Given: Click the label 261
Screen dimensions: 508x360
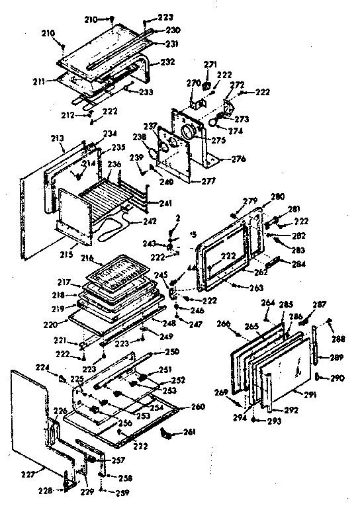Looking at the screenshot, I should pyautogui.click(x=191, y=433).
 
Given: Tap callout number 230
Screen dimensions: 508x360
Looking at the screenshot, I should pyautogui.click(x=173, y=30).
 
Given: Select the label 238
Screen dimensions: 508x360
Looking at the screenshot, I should pyautogui.click(x=140, y=137).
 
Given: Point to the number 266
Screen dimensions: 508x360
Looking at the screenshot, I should pyautogui.click(x=224, y=323).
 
